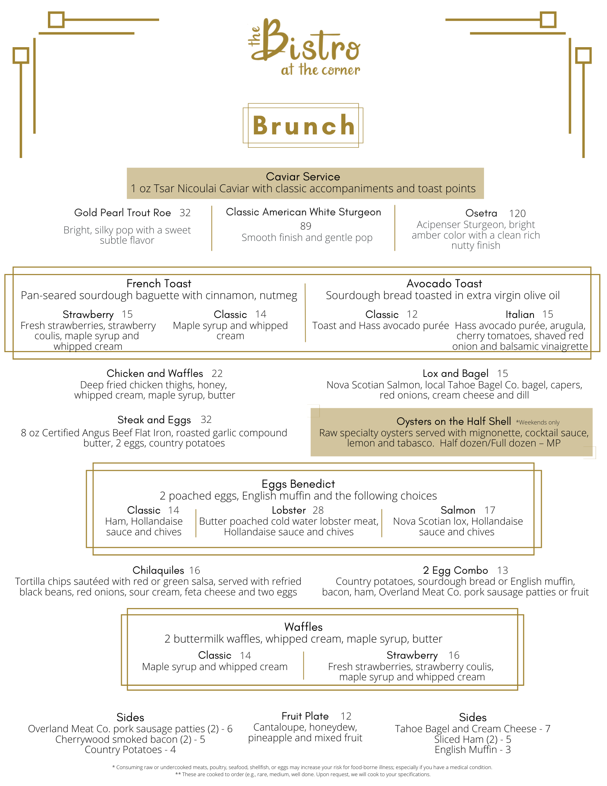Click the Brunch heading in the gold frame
pyautogui.click(x=303, y=126)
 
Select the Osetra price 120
pyautogui.click(x=517, y=213)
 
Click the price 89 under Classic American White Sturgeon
pyautogui.click(x=305, y=226)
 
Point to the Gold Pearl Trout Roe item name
pyautogui.click(x=123, y=213)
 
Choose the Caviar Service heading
pyautogui.click(x=303, y=176)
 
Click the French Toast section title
pyautogui.click(x=159, y=283)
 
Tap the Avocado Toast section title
pyautogui.click(x=444, y=283)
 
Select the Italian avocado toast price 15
pyautogui.click(x=548, y=314)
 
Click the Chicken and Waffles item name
pyautogui.click(x=155, y=373)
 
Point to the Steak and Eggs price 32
pyautogui.click(x=206, y=420)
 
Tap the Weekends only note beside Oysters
pyautogui.click(x=537, y=422)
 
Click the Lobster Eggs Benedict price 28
pyautogui.click(x=318, y=510)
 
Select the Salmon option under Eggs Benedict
pyautogui.click(x=458, y=510)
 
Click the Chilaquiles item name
pyautogui.click(x=158, y=570)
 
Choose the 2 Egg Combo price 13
pyautogui.click(x=502, y=570)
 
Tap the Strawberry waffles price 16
pyautogui.click(x=454, y=655)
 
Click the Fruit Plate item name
pyautogui.click(x=305, y=716)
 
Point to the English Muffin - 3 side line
pyautogui.click(x=473, y=749)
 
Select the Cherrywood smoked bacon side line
pyautogui.click(x=130, y=739)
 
